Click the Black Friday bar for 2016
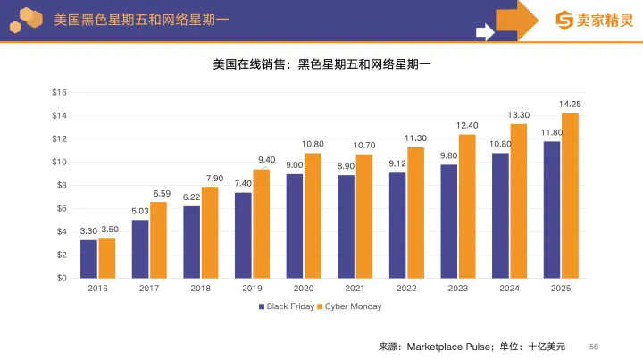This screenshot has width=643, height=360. pos(88,258)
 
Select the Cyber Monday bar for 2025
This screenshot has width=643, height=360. pos(570,195)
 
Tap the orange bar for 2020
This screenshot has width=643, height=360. pos(313,214)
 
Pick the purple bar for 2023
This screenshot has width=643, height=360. pos(448,221)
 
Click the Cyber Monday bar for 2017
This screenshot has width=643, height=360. pos(158,239)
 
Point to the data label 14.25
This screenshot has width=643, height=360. pos(570,105)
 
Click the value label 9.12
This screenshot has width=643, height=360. pos(397,163)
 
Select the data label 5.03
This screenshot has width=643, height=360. pos(139,211)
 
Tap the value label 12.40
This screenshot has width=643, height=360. pos(467,125)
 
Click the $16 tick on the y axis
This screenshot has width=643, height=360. pos(59,92)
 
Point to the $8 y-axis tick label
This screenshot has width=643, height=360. pos(61,185)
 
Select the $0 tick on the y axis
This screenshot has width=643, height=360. pos(61,278)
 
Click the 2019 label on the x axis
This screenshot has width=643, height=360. pos(252,289)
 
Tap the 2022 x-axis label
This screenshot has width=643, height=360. pos(406,289)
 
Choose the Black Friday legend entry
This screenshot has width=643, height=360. pos(287,306)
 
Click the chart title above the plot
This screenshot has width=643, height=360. pos(321,64)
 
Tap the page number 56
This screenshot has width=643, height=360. pos(594,346)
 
